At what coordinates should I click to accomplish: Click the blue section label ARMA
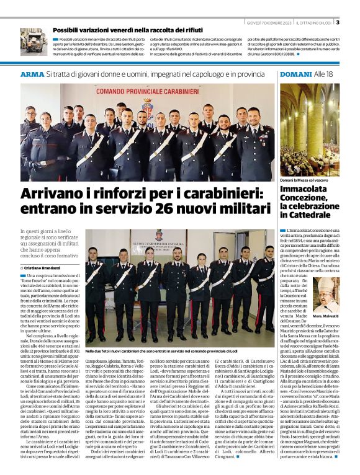coord(32,74)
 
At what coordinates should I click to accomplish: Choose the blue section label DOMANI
coord(295,74)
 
